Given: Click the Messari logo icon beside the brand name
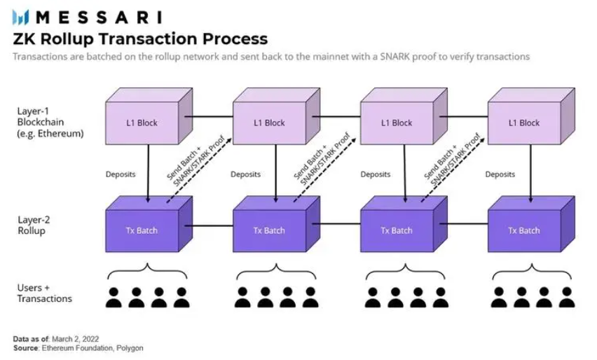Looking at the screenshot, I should coord(21,17).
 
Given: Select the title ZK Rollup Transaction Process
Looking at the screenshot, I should coord(140,38).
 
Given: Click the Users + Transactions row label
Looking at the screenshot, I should coord(44,293).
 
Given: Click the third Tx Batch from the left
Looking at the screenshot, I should coord(397,230).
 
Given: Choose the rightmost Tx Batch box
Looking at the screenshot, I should coord(524,230).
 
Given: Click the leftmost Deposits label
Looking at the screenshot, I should coord(121,174).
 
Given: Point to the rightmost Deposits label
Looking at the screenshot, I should coord(500,174).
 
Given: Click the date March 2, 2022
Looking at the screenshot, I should coord(73,339).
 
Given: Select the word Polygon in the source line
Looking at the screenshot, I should coord(130,347).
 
